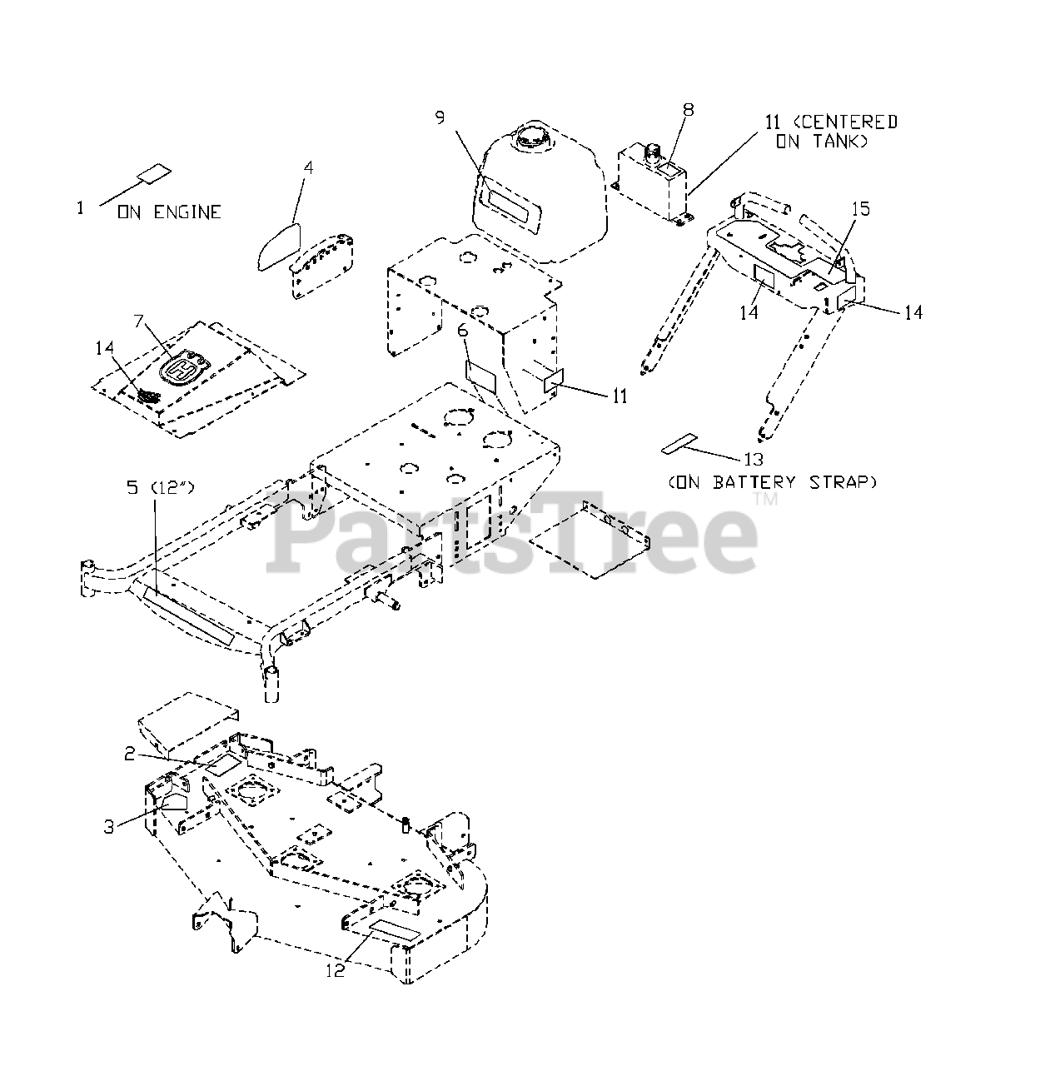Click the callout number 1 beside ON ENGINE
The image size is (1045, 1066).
(x=81, y=207)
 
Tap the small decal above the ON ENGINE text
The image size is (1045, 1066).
(x=154, y=174)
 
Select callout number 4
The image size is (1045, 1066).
(x=308, y=167)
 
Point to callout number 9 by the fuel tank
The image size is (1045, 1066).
(x=440, y=117)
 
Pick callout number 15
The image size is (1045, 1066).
(x=860, y=208)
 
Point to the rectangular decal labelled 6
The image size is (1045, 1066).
(x=480, y=376)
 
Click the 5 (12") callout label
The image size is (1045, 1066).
(x=160, y=488)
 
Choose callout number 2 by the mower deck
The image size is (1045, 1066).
(x=130, y=754)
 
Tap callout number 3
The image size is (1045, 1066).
(x=108, y=827)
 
